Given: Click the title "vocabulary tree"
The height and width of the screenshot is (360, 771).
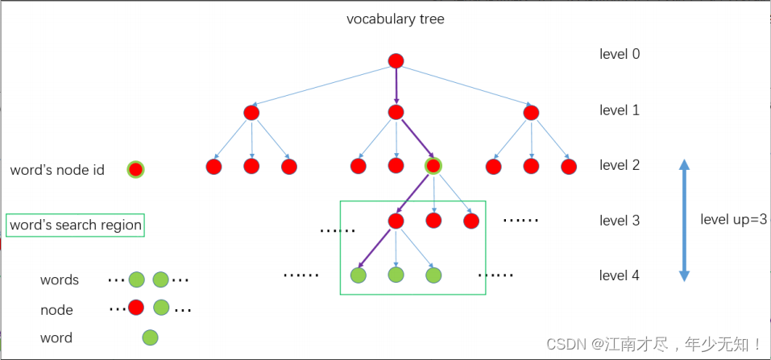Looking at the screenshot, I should tap(395, 19).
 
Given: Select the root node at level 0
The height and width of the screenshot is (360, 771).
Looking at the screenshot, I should tap(395, 61).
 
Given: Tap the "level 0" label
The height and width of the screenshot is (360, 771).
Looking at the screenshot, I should tap(620, 55).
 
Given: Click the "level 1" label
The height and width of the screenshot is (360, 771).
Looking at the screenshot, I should tap(620, 110).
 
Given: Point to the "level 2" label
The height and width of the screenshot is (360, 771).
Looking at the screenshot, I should tap(620, 165).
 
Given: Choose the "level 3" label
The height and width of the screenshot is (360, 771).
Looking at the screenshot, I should tap(620, 220).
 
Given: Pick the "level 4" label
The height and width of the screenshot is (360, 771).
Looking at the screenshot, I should tap(620, 275).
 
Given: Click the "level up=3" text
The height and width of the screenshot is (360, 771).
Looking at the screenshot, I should tap(733, 220).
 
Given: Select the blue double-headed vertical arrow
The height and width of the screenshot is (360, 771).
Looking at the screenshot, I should tap(684, 220).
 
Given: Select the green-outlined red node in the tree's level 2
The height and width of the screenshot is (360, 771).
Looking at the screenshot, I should tap(433, 167).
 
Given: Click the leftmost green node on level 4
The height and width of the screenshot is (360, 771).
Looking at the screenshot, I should tap(359, 275).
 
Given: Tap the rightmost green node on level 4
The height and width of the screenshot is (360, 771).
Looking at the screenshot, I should tap(433, 275).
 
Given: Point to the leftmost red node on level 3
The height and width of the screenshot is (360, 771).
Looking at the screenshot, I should tap(395, 220).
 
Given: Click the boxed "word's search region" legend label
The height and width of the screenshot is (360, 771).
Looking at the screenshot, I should tap(76, 226).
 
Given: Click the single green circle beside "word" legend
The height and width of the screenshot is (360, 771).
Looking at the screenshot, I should tap(150, 338).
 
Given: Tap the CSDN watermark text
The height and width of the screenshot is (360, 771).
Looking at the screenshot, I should tap(654, 344).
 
